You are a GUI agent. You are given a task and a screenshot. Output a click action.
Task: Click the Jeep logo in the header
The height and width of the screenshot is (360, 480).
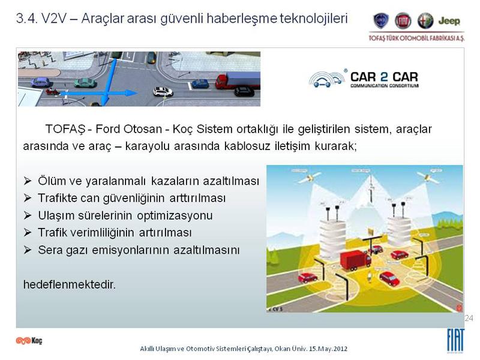(x=449, y=21)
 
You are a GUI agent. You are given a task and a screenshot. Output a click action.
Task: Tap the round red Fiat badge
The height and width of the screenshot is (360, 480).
(x=403, y=21)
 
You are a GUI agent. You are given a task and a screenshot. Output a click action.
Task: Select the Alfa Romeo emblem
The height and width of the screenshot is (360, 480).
(x=425, y=21)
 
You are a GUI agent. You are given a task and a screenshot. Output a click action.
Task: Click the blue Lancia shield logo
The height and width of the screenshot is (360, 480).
(x=381, y=21)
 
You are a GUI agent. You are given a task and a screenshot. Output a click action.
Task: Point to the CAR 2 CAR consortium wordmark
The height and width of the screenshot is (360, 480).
(x=384, y=79)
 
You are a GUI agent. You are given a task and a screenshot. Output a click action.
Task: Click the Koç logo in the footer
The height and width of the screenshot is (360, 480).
(x=29, y=340)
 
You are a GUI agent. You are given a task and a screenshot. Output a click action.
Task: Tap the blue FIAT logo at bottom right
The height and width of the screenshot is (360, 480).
(x=456, y=340)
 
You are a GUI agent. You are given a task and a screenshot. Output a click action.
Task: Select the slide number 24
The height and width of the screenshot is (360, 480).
(x=469, y=318)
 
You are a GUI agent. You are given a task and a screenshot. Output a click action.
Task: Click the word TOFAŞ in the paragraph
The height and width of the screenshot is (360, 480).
(x=65, y=129)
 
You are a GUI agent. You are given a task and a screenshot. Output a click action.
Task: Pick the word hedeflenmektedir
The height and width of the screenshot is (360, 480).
(x=70, y=284)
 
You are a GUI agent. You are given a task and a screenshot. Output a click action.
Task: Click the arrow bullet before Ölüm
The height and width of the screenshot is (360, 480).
(x=28, y=181)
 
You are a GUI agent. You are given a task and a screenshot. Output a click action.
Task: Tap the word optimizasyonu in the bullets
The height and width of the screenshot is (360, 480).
(x=175, y=216)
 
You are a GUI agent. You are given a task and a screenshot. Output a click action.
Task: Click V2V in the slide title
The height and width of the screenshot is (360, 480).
(x=54, y=19)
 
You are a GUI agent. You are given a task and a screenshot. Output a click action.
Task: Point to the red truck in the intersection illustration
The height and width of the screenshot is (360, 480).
(x=355, y=260)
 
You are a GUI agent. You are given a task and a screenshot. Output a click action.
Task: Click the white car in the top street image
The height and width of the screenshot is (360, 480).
(x=163, y=91)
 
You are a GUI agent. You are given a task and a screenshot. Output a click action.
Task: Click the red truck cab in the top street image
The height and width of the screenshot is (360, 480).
(x=221, y=81)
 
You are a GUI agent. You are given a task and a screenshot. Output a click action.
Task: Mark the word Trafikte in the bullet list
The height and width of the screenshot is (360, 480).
(x=58, y=198)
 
